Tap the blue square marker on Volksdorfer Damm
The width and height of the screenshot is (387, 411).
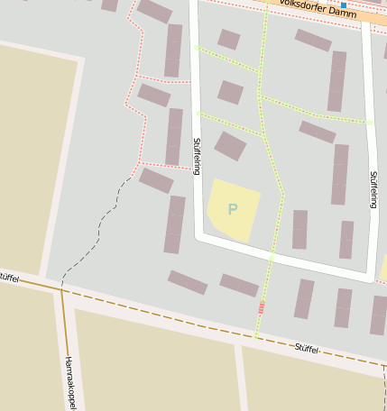(x=343, y=5)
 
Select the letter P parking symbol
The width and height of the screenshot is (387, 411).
(x=233, y=209)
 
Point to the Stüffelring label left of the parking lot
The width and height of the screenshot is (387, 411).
(x=197, y=156)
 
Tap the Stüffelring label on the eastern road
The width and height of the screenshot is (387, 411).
(x=373, y=188)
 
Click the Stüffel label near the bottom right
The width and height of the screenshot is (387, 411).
(x=308, y=347)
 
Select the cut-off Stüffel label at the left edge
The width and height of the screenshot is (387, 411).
(x=8, y=278)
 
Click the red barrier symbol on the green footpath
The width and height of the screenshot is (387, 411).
(x=262, y=308)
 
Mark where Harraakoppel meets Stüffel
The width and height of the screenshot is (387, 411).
(x=61, y=290)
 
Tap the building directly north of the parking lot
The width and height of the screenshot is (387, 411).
(x=230, y=146)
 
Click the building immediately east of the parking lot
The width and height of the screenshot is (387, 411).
(x=299, y=229)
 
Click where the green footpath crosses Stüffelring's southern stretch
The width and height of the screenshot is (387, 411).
(x=270, y=258)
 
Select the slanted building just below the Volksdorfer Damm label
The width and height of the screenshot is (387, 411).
(x=313, y=40)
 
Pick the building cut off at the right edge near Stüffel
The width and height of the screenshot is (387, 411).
(x=379, y=315)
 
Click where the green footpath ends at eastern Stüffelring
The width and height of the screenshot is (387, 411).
(x=370, y=122)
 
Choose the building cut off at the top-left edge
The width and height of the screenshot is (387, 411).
(x=110, y=5)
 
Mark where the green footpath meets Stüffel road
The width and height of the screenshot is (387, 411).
(x=256, y=337)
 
